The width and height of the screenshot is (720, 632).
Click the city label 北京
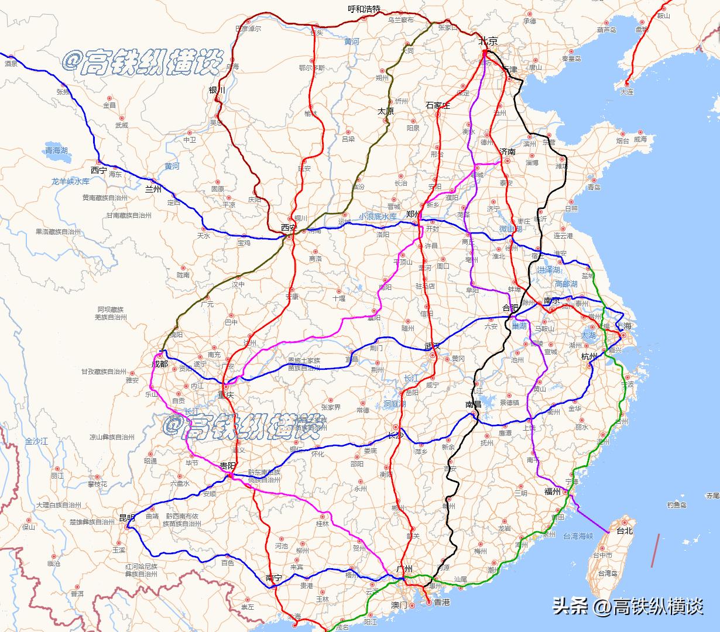(488, 41)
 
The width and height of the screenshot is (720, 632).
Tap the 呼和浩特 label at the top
(364, 9)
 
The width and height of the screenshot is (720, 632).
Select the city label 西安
(289, 227)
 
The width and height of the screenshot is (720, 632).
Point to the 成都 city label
(159, 364)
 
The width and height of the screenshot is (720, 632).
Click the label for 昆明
(127, 518)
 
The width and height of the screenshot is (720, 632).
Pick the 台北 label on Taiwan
(625, 531)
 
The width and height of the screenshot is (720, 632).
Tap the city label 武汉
(433, 347)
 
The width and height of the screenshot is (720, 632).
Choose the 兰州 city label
(154, 188)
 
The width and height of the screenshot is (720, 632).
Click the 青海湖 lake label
(57, 150)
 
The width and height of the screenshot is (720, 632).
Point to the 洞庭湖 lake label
(395, 403)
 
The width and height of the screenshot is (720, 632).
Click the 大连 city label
(626, 92)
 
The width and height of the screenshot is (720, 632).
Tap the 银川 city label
(217, 90)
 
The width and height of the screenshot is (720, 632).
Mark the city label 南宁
(273, 578)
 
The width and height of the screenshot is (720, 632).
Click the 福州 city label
(553, 492)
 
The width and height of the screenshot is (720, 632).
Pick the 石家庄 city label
(438, 105)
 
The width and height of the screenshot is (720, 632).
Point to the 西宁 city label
(99, 170)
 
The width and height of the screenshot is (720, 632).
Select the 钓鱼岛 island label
(676, 504)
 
